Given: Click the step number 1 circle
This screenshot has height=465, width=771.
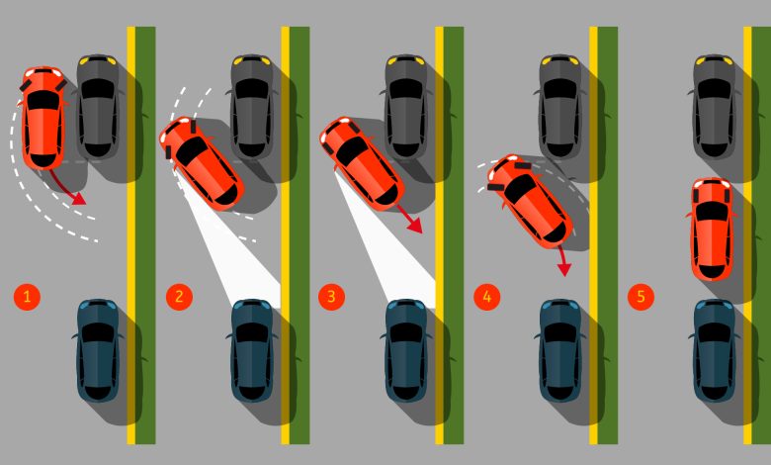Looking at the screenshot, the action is point(27,296).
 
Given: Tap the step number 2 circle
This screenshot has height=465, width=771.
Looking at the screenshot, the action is point(179,296).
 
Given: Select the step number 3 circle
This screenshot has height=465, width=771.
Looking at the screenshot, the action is point(331,296).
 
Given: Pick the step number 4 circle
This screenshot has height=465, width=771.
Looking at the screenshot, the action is point(486,296).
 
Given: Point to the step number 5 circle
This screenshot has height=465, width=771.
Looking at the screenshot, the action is point(641,296).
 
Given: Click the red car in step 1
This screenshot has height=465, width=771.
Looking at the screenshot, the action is point(43,118).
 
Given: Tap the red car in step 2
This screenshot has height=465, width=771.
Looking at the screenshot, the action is point(201,161).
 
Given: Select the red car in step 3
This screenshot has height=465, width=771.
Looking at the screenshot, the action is point(362,163).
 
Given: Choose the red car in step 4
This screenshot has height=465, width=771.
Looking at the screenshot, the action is point(530,200).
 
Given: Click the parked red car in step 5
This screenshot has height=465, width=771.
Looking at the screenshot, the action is point(712,230).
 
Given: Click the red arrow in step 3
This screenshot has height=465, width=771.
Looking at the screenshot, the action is point(409,219).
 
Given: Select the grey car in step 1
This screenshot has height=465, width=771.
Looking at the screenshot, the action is point(97,107).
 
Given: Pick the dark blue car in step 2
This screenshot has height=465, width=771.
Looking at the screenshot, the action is point(252,350).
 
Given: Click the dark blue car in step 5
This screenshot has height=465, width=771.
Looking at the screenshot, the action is point(714,350).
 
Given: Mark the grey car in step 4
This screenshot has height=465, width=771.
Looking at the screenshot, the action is point(560,107).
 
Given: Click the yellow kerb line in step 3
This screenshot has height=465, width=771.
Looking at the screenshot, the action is point(439,235).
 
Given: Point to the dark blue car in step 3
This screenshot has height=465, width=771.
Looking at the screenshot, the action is point(405,350).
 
